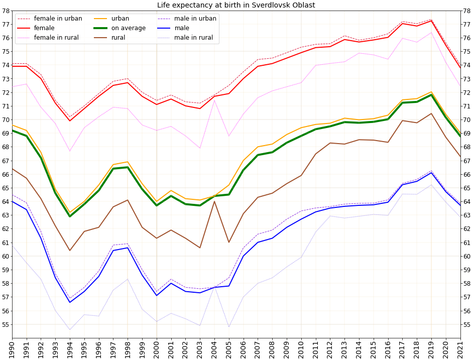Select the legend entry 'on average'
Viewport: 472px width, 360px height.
[x=129, y=28]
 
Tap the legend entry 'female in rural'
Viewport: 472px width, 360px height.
[x=58, y=38]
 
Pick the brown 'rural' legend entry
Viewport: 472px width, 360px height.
[x=119, y=38]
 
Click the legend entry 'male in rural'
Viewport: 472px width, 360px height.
[x=194, y=38]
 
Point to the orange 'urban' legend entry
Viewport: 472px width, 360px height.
[x=120, y=19]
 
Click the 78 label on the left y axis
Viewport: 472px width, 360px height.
[x=6, y=11]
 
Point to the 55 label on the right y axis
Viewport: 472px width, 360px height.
[x=466, y=324]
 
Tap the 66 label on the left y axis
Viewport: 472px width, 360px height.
[x=6, y=174]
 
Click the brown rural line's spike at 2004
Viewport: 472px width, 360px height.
[x=214, y=201]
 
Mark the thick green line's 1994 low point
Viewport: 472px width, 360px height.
[x=70, y=216]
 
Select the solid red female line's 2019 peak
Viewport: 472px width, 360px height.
[x=431, y=21]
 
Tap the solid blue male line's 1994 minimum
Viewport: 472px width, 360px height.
[x=70, y=302]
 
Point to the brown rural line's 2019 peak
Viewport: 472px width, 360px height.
[x=431, y=113]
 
